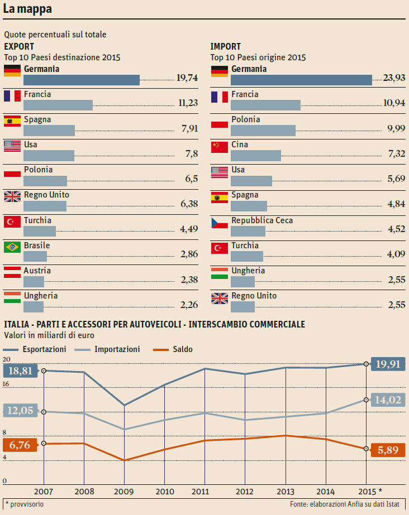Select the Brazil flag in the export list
click(x=12, y=247)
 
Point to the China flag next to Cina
click(x=220, y=146)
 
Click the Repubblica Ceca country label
click(x=262, y=220)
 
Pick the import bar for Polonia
click(x=263, y=130)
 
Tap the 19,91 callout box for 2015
click(x=388, y=364)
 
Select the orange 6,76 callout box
click(x=20, y=445)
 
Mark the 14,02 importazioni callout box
click(x=388, y=400)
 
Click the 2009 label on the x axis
click(x=124, y=492)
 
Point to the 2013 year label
click(x=286, y=492)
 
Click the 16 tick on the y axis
click(x=6, y=384)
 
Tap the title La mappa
click(x=27, y=9)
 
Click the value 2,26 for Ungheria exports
click(x=189, y=305)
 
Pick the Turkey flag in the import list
click(x=220, y=247)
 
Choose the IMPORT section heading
click(x=226, y=47)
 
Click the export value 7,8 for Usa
click(x=192, y=154)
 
